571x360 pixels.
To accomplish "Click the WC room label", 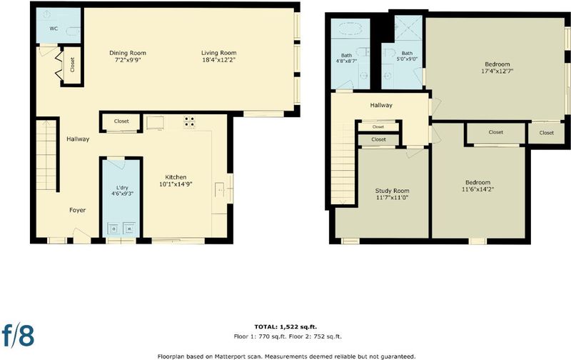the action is pos(54,29).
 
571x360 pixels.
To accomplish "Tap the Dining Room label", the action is pos(128,53).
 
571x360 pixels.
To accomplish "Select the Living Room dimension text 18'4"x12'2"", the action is pos(218,60).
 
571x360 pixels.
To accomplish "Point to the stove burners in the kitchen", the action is pos(189,121).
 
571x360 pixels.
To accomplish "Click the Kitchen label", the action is pos(176,177).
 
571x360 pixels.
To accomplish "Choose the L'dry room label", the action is pos(122,188).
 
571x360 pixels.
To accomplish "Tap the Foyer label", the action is pos(78,210).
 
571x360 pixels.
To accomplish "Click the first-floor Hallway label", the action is pos(78,139).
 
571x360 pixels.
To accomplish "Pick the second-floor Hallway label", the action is pos(381,105).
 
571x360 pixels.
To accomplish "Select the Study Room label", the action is pos(392,191).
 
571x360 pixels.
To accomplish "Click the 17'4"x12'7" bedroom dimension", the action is pos(497,71).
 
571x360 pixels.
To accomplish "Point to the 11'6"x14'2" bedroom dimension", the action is pos(477,189).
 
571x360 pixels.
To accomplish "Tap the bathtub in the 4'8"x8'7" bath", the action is pos(350,29).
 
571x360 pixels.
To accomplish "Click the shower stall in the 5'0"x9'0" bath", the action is pos(408,27).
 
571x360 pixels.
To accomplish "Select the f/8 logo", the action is pos(19,335).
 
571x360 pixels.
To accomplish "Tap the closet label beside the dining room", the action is pos(73,65).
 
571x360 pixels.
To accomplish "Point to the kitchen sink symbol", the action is pos(220,190).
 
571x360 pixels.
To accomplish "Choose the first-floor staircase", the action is pos(46,155).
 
